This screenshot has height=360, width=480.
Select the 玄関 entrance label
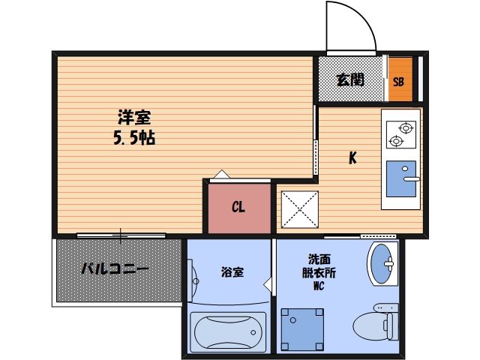[x=349, y=79]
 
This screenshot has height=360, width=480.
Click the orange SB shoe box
[x=400, y=79]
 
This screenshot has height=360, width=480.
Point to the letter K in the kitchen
[x=351, y=158]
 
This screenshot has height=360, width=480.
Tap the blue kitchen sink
[x=401, y=178]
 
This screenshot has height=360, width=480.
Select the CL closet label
[x=238, y=207]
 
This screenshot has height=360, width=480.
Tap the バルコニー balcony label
[x=115, y=268]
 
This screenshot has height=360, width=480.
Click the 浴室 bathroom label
[x=230, y=272]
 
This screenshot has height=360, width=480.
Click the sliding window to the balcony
[x=120, y=235]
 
